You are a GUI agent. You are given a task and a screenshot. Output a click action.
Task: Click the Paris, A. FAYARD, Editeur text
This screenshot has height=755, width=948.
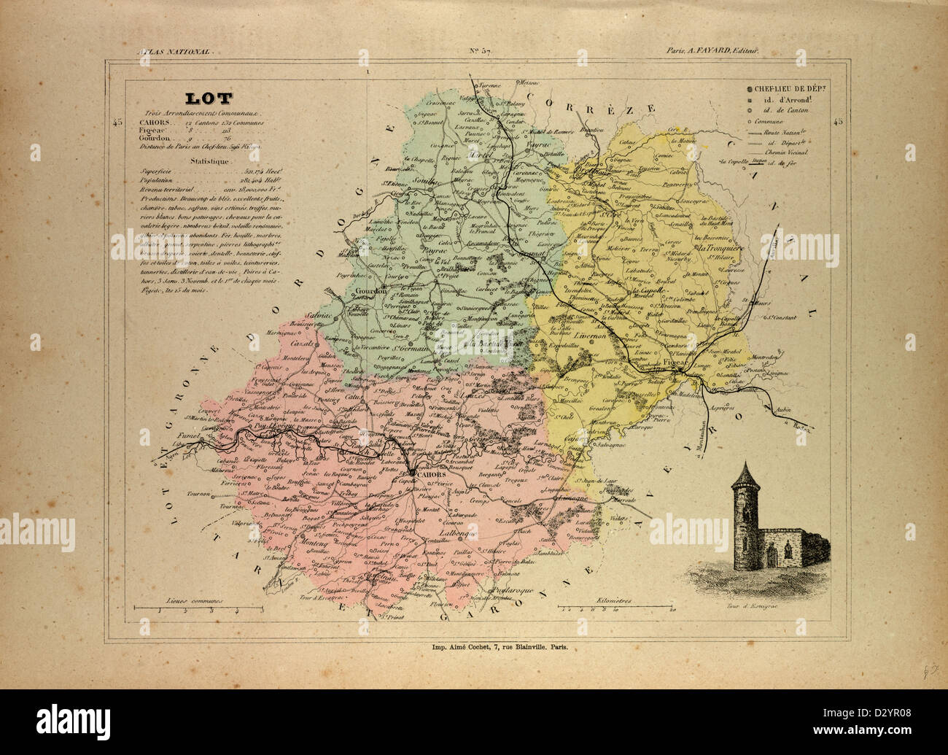tap(712, 51)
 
